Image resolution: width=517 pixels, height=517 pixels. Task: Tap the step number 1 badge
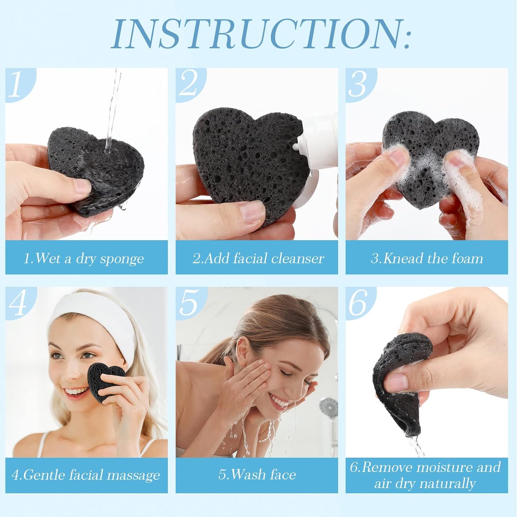pos(16,84)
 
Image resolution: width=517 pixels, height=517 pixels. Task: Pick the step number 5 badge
pos(189,303)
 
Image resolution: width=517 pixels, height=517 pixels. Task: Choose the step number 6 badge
pos(358,303)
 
